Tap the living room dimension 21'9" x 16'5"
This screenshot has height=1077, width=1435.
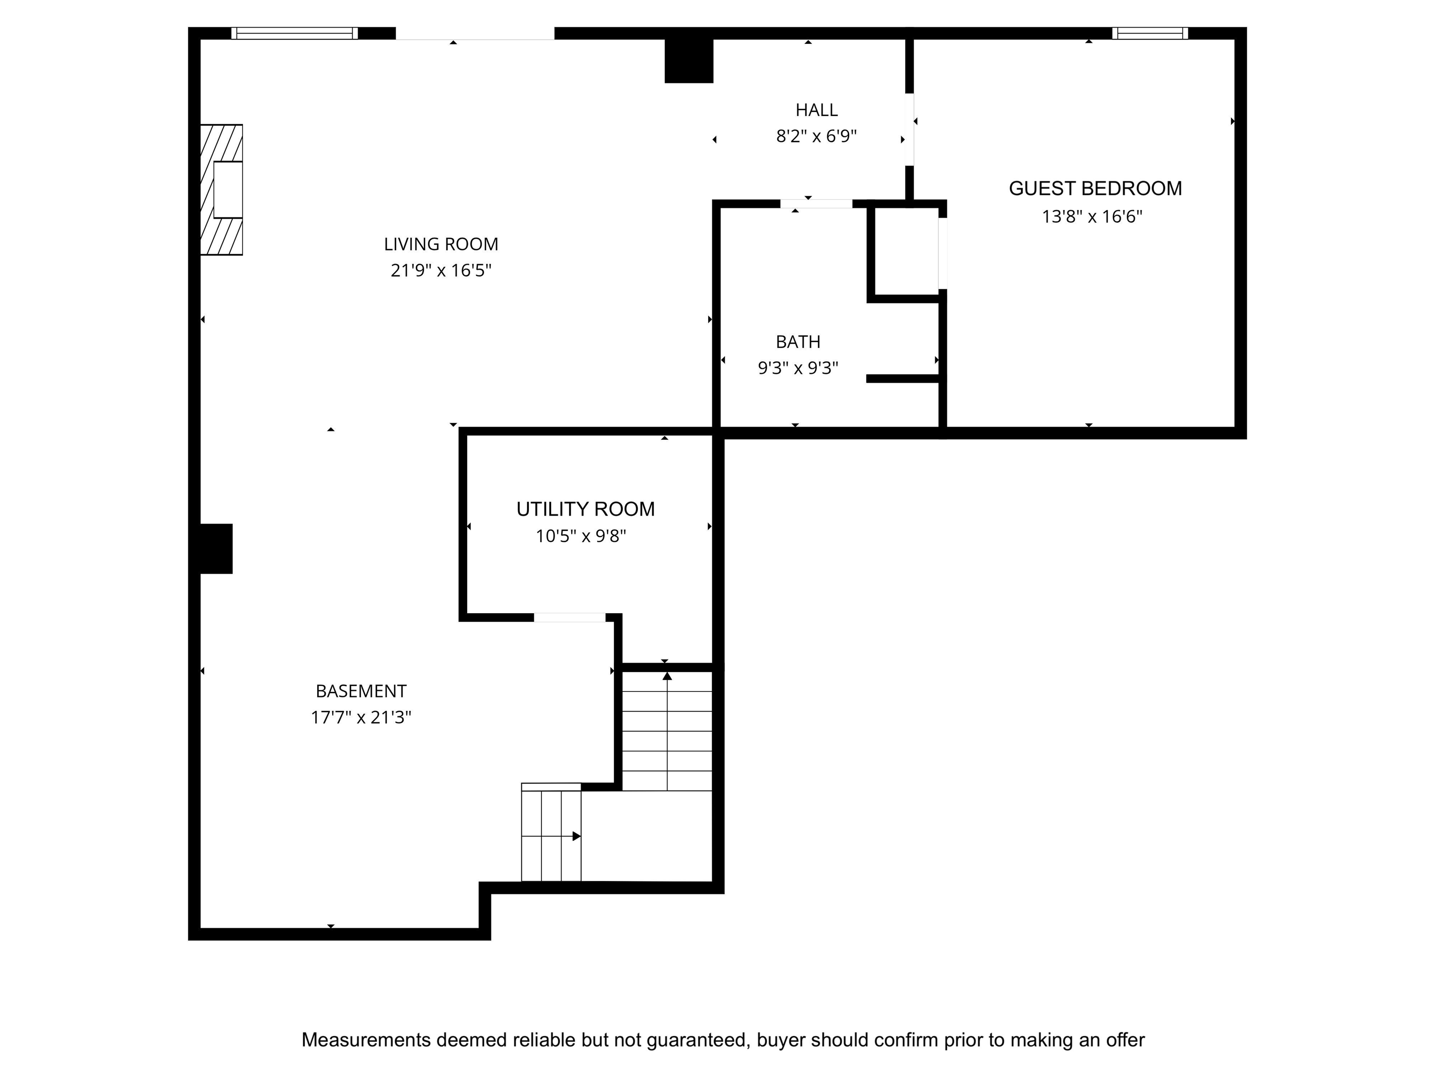coord(441,270)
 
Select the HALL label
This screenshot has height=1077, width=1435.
coord(817,110)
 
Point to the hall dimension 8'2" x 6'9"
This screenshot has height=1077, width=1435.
coord(817,136)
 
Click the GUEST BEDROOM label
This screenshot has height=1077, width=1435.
coord(1095,188)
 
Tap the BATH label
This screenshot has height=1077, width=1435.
coord(798,342)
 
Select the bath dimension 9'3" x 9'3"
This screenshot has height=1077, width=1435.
coord(798,368)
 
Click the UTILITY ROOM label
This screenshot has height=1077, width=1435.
coord(586,509)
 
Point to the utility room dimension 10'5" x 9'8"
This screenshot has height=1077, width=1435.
coord(581,536)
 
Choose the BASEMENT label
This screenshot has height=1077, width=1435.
coord(362,691)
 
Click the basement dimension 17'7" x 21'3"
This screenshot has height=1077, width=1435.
coord(362,718)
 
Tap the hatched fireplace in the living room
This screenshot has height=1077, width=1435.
coord(221,190)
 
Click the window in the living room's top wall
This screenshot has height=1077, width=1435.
coord(295,33)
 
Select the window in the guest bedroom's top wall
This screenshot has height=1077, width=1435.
coord(1150,33)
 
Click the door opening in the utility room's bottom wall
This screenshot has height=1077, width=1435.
coord(569,617)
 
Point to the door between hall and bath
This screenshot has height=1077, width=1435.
coord(816,204)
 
